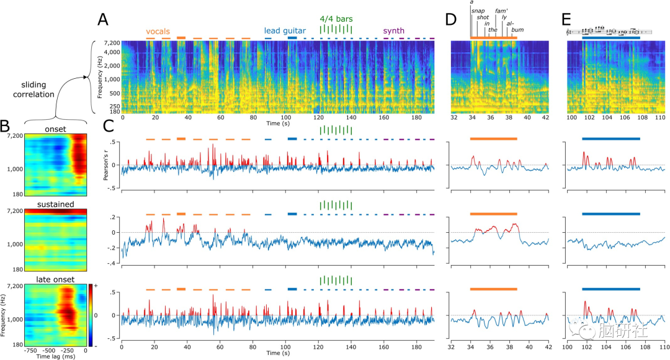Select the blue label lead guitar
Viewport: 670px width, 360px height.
click(x=285, y=30)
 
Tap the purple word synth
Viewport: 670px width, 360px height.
click(x=394, y=30)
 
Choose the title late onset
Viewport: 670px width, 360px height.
click(x=55, y=275)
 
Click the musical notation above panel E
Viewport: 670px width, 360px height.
click(x=610, y=31)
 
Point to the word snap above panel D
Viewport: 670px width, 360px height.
click(x=478, y=11)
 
